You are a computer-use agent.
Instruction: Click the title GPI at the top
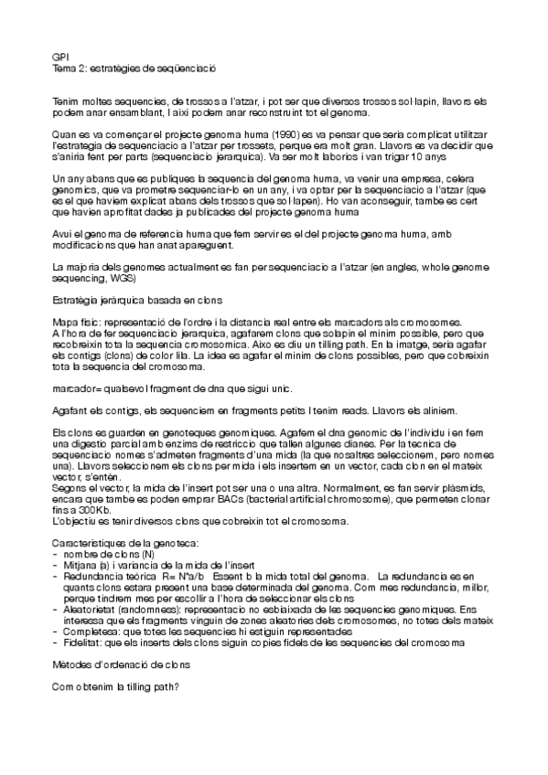60,56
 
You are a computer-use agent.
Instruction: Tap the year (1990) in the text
284,134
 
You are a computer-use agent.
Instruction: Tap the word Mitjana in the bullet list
81,566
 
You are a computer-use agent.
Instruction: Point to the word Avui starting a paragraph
63,234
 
